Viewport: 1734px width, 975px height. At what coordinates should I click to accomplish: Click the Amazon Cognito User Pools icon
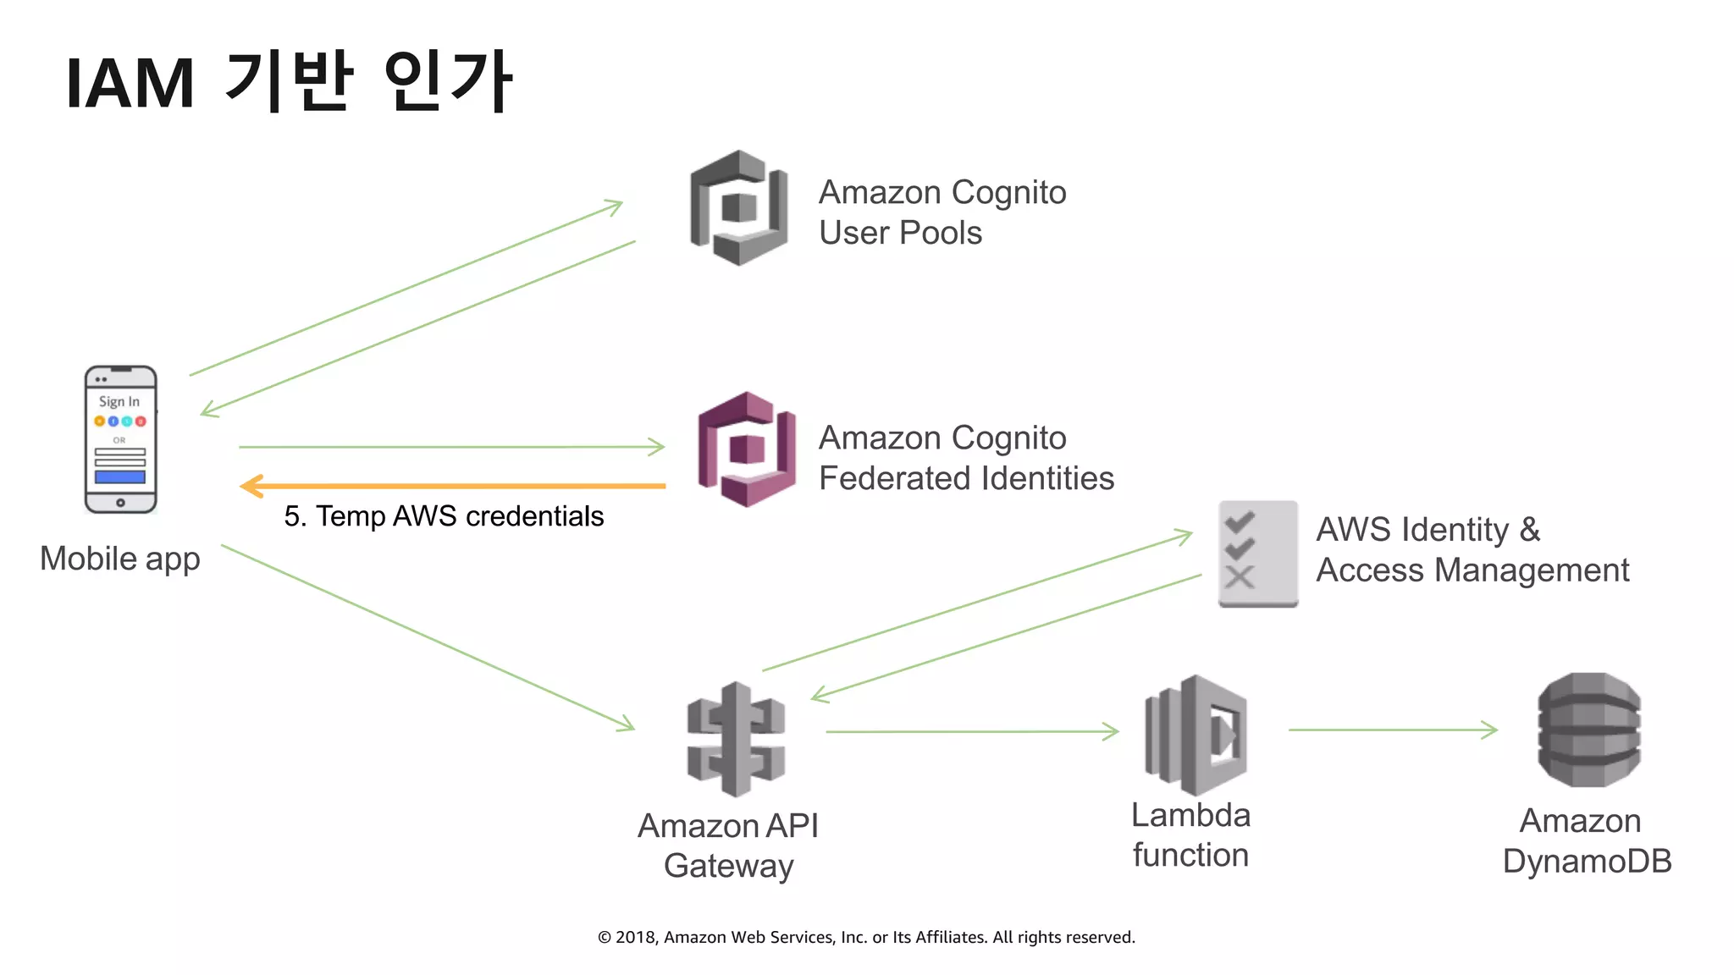[x=739, y=208]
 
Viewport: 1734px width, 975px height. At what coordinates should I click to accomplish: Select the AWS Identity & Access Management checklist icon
[x=1257, y=554]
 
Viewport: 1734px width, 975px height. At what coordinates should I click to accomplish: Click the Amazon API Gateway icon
[x=736, y=740]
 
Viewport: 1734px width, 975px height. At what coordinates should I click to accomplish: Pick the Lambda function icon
[x=1196, y=735]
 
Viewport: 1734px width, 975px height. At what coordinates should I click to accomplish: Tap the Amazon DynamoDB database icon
[x=1588, y=730]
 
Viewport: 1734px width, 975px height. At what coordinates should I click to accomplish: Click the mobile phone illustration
[x=120, y=439]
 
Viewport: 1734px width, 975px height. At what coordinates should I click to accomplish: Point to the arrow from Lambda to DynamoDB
[x=1393, y=730]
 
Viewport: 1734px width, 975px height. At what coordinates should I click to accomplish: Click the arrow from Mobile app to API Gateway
[x=428, y=637]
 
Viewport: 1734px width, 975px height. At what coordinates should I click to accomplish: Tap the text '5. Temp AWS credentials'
[x=444, y=516]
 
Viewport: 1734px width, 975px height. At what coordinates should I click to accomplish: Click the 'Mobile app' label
[x=120, y=559]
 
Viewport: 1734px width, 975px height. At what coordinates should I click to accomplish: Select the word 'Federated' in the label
[x=892, y=479]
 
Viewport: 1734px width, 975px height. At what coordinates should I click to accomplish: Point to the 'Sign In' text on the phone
[x=119, y=401]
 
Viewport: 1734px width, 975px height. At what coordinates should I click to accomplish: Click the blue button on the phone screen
[x=120, y=477]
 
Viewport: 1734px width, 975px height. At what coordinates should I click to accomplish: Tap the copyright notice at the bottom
[x=866, y=937]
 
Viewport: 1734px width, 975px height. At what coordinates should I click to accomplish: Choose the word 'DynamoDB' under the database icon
[x=1587, y=862]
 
